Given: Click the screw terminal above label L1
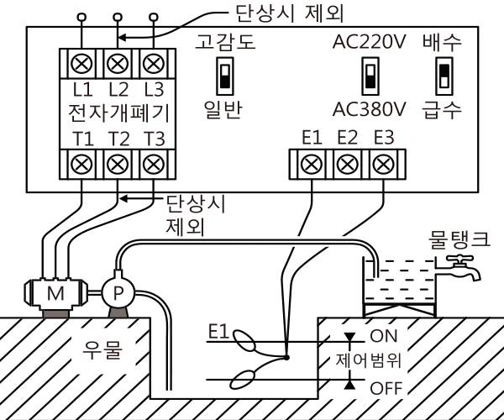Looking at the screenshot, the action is pos(81,64).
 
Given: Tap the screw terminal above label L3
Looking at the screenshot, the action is pos(154,64).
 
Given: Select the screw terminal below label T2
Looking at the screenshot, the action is pos(118,164).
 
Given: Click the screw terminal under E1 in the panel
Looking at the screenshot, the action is pos(311,164).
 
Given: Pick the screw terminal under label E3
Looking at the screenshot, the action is pos(383,164).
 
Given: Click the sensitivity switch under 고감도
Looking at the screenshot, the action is pos(225,76).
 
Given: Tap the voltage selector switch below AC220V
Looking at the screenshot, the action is pos(370,76).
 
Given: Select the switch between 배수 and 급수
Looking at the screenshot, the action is pos(444,76).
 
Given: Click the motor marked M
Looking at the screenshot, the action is pos(55,293).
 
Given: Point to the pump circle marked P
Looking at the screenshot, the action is pos(118,292).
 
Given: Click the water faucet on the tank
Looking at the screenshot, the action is pos(458,267).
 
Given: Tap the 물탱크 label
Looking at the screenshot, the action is pos(459,240).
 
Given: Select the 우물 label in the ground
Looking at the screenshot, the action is pos(102,350).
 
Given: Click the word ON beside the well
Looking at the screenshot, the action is pos(384,336).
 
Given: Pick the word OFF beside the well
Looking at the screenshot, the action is pos(386,388).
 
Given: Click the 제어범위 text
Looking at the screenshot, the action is pos(369,360).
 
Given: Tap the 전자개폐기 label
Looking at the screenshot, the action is pos(118,113).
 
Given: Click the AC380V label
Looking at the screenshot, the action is pos(370,109).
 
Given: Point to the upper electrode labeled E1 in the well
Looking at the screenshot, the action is pos(244,340).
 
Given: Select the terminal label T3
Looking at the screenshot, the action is pos(154,139).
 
